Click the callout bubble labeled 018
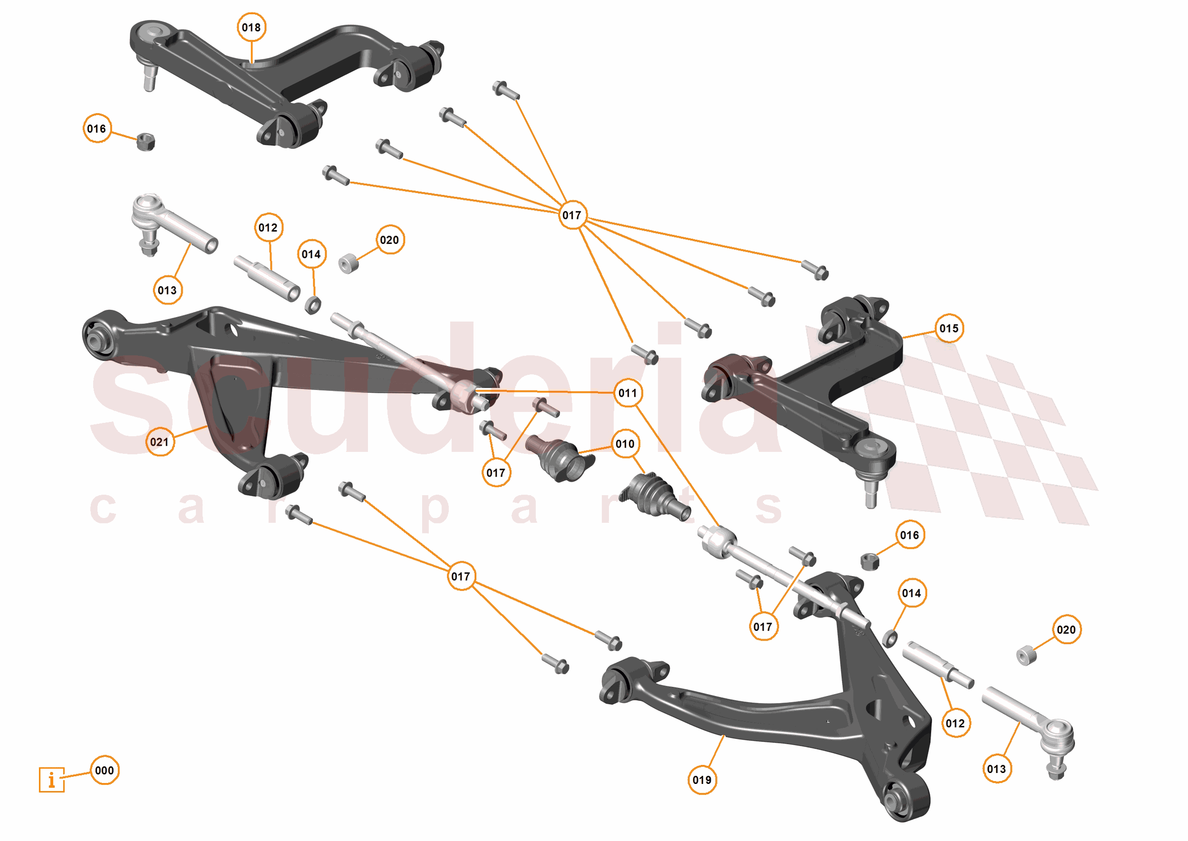pos(251,28)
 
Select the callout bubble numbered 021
pos(159,442)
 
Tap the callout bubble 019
pos(702,780)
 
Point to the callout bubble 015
pos(949,328)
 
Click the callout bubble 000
pos(105,770)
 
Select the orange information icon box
pos(52,779)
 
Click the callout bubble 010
pos(625,444)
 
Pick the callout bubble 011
pos(628,393)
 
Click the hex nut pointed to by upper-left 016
pos(146,141)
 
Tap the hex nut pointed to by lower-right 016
pos(869,561)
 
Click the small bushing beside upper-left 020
pos(349,263)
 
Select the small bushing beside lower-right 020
pos(1026,655)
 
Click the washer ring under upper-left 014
pos(312,305)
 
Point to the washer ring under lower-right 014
pos(889,638)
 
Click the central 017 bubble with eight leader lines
pos(572,215)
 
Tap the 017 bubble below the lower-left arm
pos(461,577)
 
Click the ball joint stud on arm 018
pos(150,78)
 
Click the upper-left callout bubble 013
pos(167,290)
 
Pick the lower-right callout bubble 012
pos(955,723)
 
